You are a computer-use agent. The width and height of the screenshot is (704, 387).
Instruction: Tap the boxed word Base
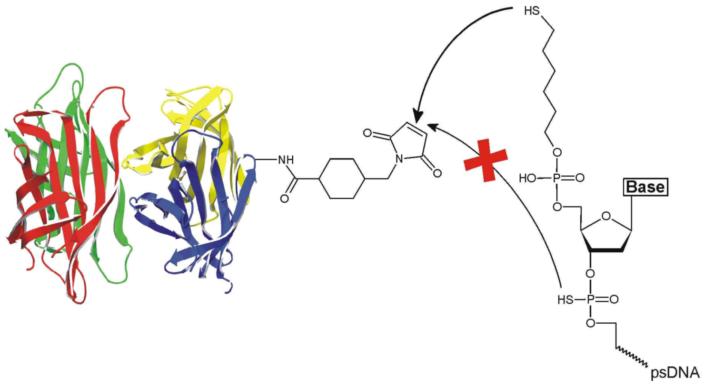[645, 187]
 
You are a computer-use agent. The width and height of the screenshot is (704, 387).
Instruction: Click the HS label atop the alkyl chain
[532, 11]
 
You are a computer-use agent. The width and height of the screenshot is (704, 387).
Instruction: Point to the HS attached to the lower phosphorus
[565, 299]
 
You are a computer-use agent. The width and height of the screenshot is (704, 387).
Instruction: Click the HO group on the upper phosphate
[527, 178]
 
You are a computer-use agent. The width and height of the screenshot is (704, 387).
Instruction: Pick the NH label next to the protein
[286, 160]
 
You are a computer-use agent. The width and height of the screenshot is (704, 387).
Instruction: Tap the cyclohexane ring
[343, 179]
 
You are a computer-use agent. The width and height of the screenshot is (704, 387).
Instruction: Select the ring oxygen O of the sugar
[606, 217]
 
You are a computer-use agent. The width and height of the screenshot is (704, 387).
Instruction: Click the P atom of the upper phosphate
[556, 178]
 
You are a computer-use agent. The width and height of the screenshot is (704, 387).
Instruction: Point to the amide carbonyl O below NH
[284, 198]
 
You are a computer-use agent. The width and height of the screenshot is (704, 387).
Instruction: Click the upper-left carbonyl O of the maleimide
[367, 133]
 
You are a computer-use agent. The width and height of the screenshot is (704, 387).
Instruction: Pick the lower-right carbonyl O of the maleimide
[436, 173]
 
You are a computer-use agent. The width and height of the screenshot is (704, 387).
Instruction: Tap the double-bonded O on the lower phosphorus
[614, 299]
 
